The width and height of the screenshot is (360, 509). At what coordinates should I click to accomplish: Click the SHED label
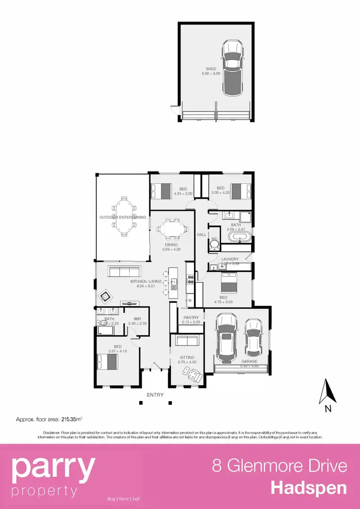tap(211, 69)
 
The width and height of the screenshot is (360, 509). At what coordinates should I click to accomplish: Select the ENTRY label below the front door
tap(155, 395)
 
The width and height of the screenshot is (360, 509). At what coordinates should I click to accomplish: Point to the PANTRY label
tap(191, 318)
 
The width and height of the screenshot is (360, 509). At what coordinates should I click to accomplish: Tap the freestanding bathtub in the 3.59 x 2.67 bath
tap(238, 237)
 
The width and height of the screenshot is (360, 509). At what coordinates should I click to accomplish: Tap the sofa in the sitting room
tap(187, 341)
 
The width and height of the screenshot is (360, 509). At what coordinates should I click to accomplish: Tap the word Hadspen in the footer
tap(309, 487)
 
